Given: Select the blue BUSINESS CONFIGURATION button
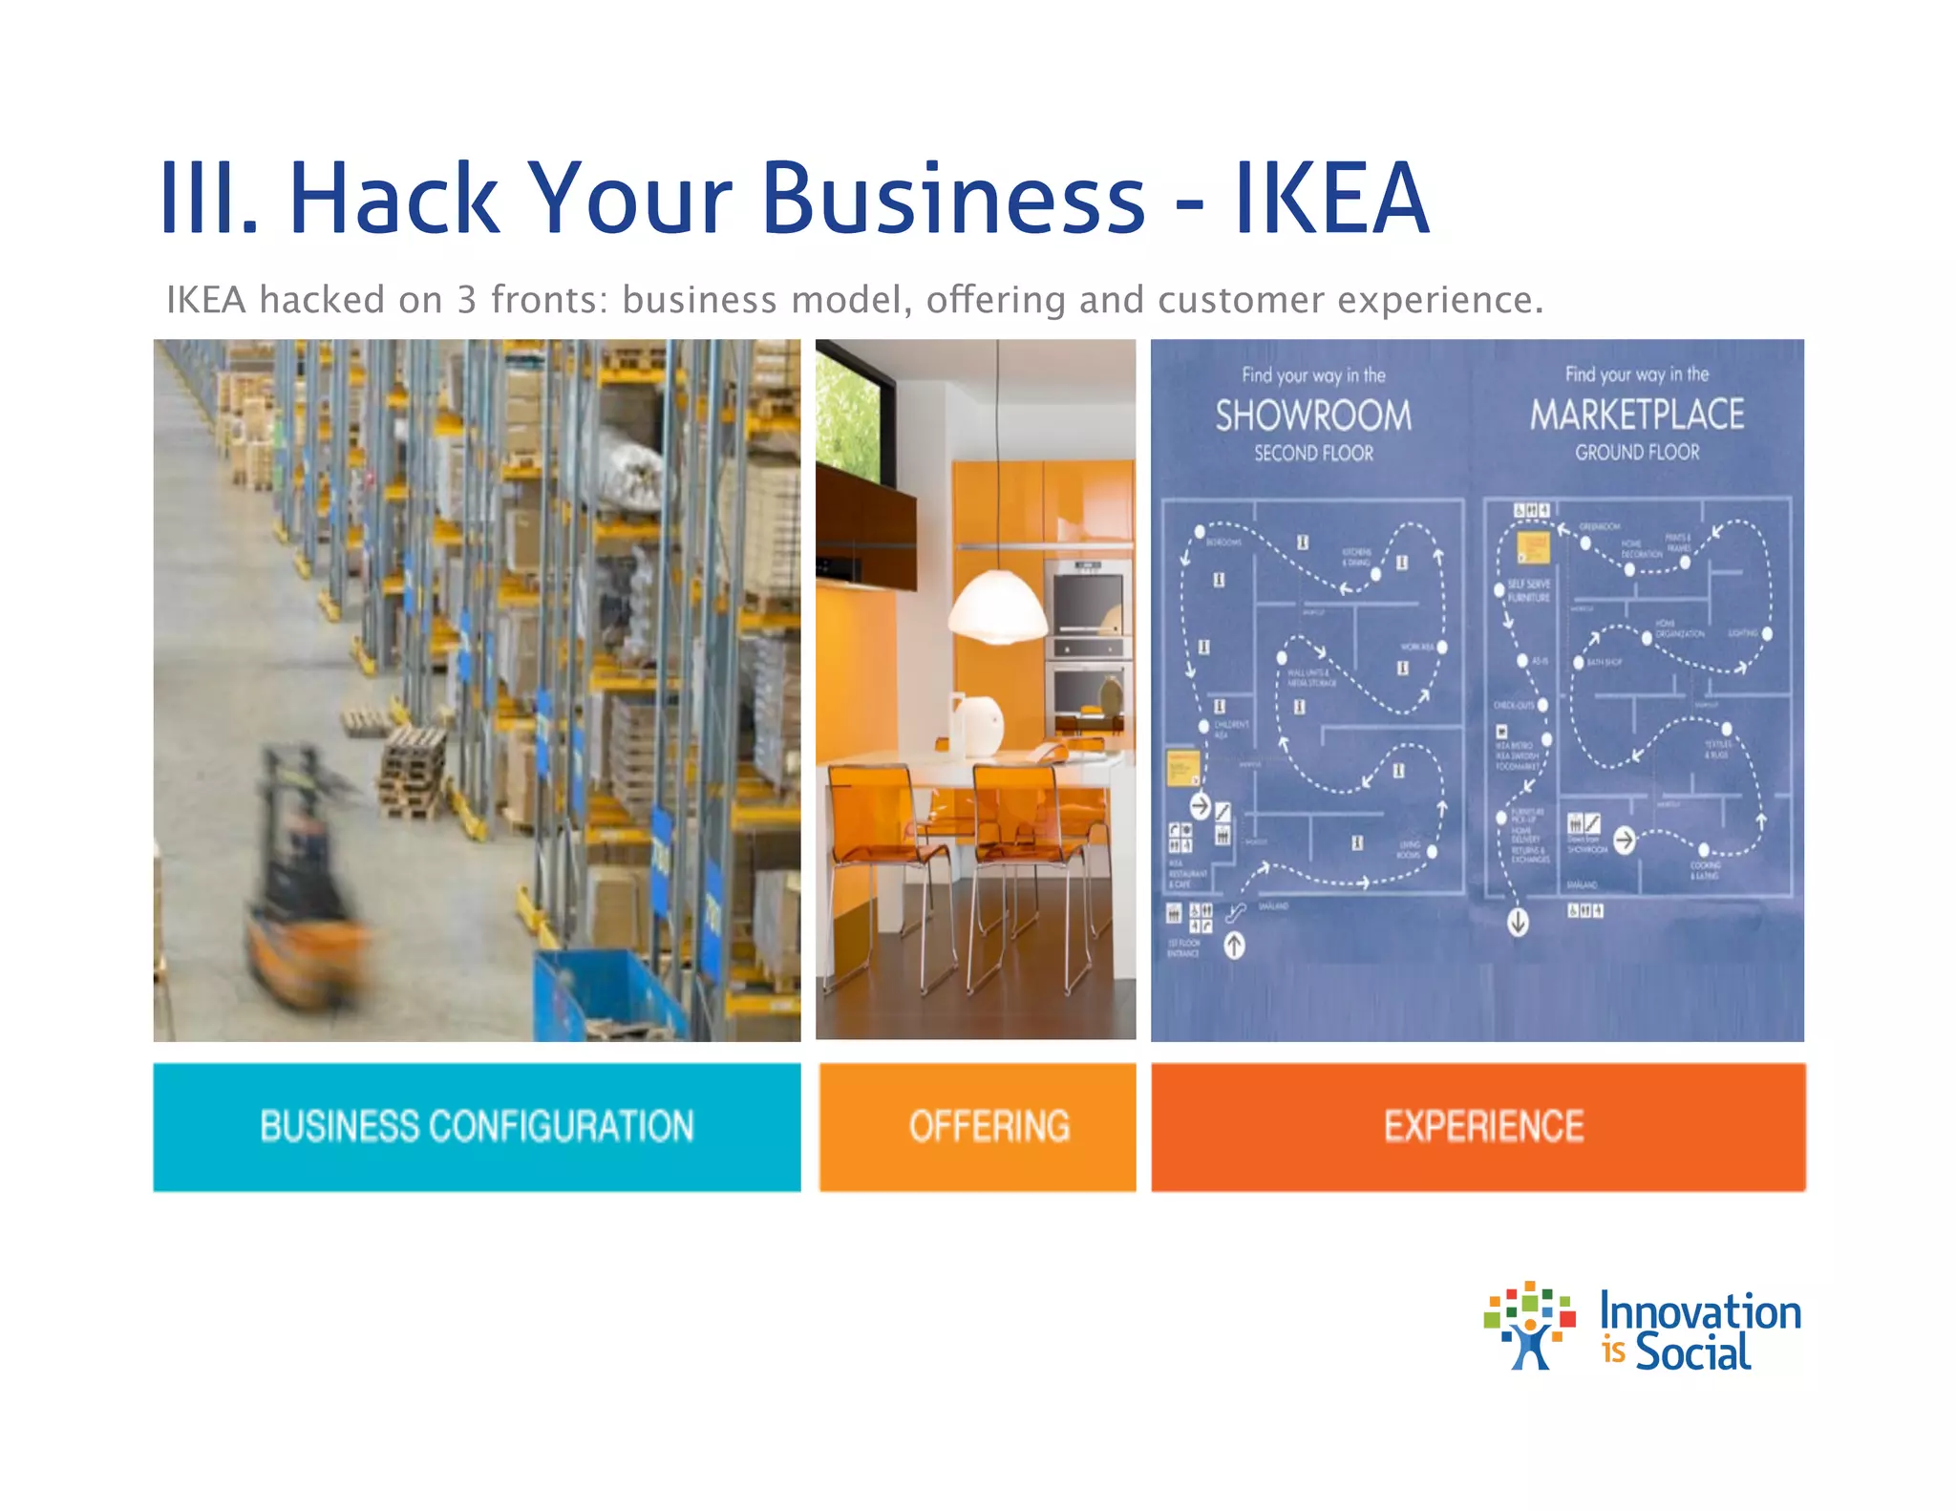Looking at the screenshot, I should pyautogui.click(x=477, y=1127).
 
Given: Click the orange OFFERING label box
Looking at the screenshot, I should pyautogui.click(x=978, y=1127).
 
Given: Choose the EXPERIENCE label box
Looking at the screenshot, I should pyautogui.click(x=1478, y=1127).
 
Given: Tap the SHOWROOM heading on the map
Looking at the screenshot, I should pyautogui.click(x=1313, y=415).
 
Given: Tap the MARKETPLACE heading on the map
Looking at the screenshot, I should pyautogui.click(x=1637, y=415).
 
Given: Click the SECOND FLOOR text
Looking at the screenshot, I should pyautogui.click(x=1313, y=454).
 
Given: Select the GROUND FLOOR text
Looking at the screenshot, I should pyautogui.click(x=1637, y=453).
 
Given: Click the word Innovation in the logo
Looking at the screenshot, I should pyautogui.click(x=1700, y=1312).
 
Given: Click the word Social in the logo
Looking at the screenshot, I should pyautogui.click(x=1692, y=1352).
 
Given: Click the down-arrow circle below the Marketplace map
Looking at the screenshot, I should pyautogui.click(x=1518, y=923).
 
